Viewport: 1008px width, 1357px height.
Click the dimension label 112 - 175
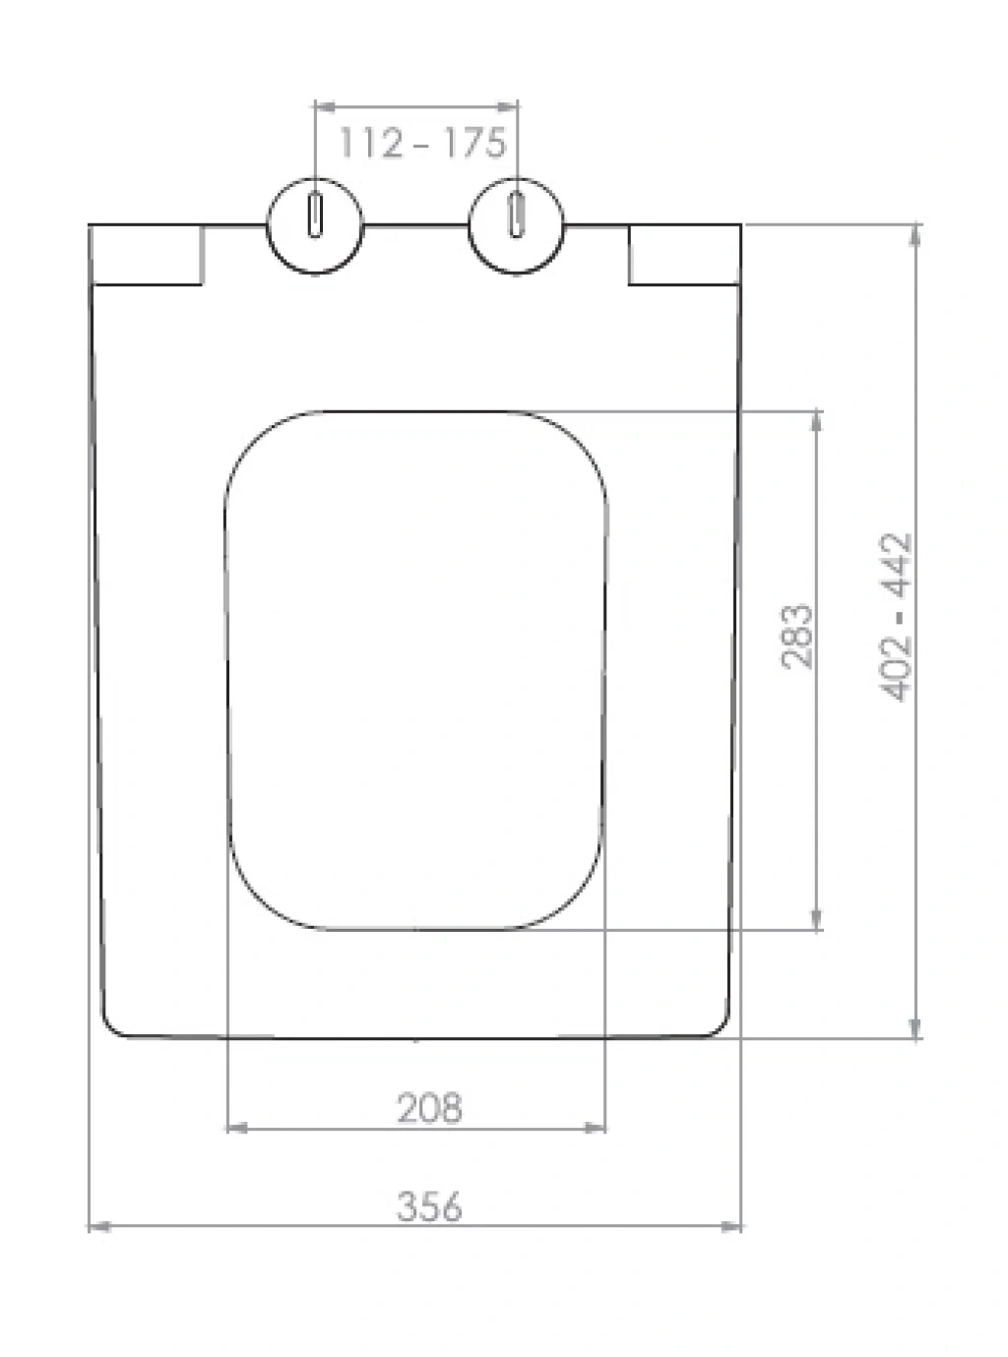[x=423, y=143]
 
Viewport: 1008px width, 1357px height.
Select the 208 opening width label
[x=429, y=1108]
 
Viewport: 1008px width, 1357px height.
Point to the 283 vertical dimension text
[x=797, y=637]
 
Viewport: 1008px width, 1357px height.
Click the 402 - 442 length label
[x=896, y=617]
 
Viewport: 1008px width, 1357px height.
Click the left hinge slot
[x=315, y=216]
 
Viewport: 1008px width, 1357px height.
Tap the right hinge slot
[x=517, y=215]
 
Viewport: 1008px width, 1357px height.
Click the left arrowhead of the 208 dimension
[x=237, y=1128]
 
